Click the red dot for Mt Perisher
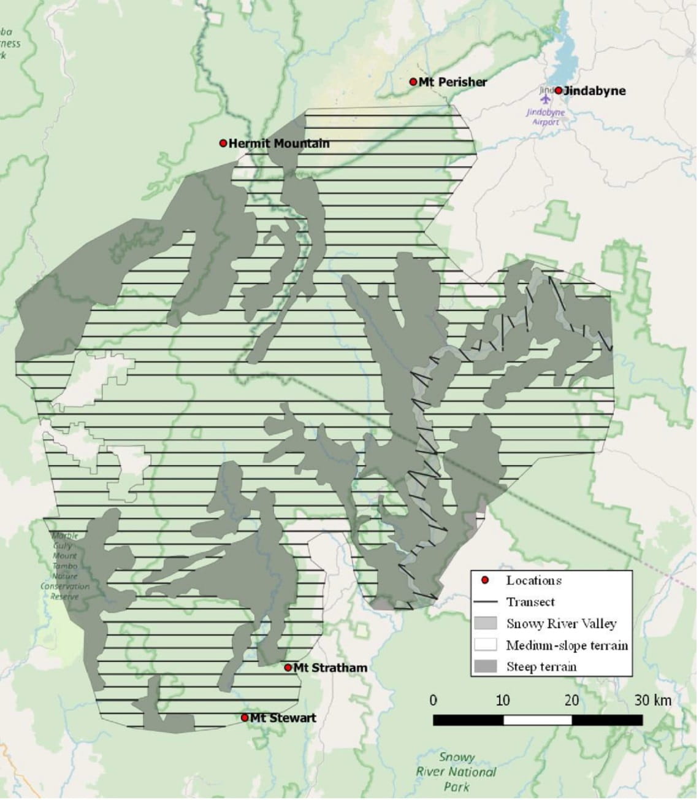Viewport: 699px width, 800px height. pyautogui.click(x=413, y=82)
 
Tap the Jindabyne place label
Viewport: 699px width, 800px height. pyautogui.click(x=594, y=91)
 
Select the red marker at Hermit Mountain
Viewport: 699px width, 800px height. pyautogui.click(x=223, y=143)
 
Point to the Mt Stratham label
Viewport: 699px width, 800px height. pyautogui.click(x=330, y=667)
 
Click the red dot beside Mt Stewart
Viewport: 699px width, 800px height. pyautogui.click(x=245, y=717)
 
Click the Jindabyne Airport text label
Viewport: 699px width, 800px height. pyautogui.click(x=545, y=117)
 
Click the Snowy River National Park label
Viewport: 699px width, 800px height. pyautogui.click(x=456, y=772)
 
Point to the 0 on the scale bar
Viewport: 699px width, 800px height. pyautogui.click(x=434, y=700)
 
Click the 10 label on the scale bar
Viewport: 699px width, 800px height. pyautogui.click(x=502, y=700)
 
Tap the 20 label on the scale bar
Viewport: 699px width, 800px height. pyautogui.click(x=571, y=700)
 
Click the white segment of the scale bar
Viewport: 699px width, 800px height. pyautogui.click(x=537, y=720)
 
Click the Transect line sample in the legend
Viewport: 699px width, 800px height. pyautogui.click(x=484, y=602)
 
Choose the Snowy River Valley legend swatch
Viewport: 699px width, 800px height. pyautogui.click(x=484, y=623)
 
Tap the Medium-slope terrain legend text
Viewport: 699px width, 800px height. pyautogui.click(x=567, y=645)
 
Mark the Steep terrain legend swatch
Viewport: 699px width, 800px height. pyautogui.click(x=484, y=666)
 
